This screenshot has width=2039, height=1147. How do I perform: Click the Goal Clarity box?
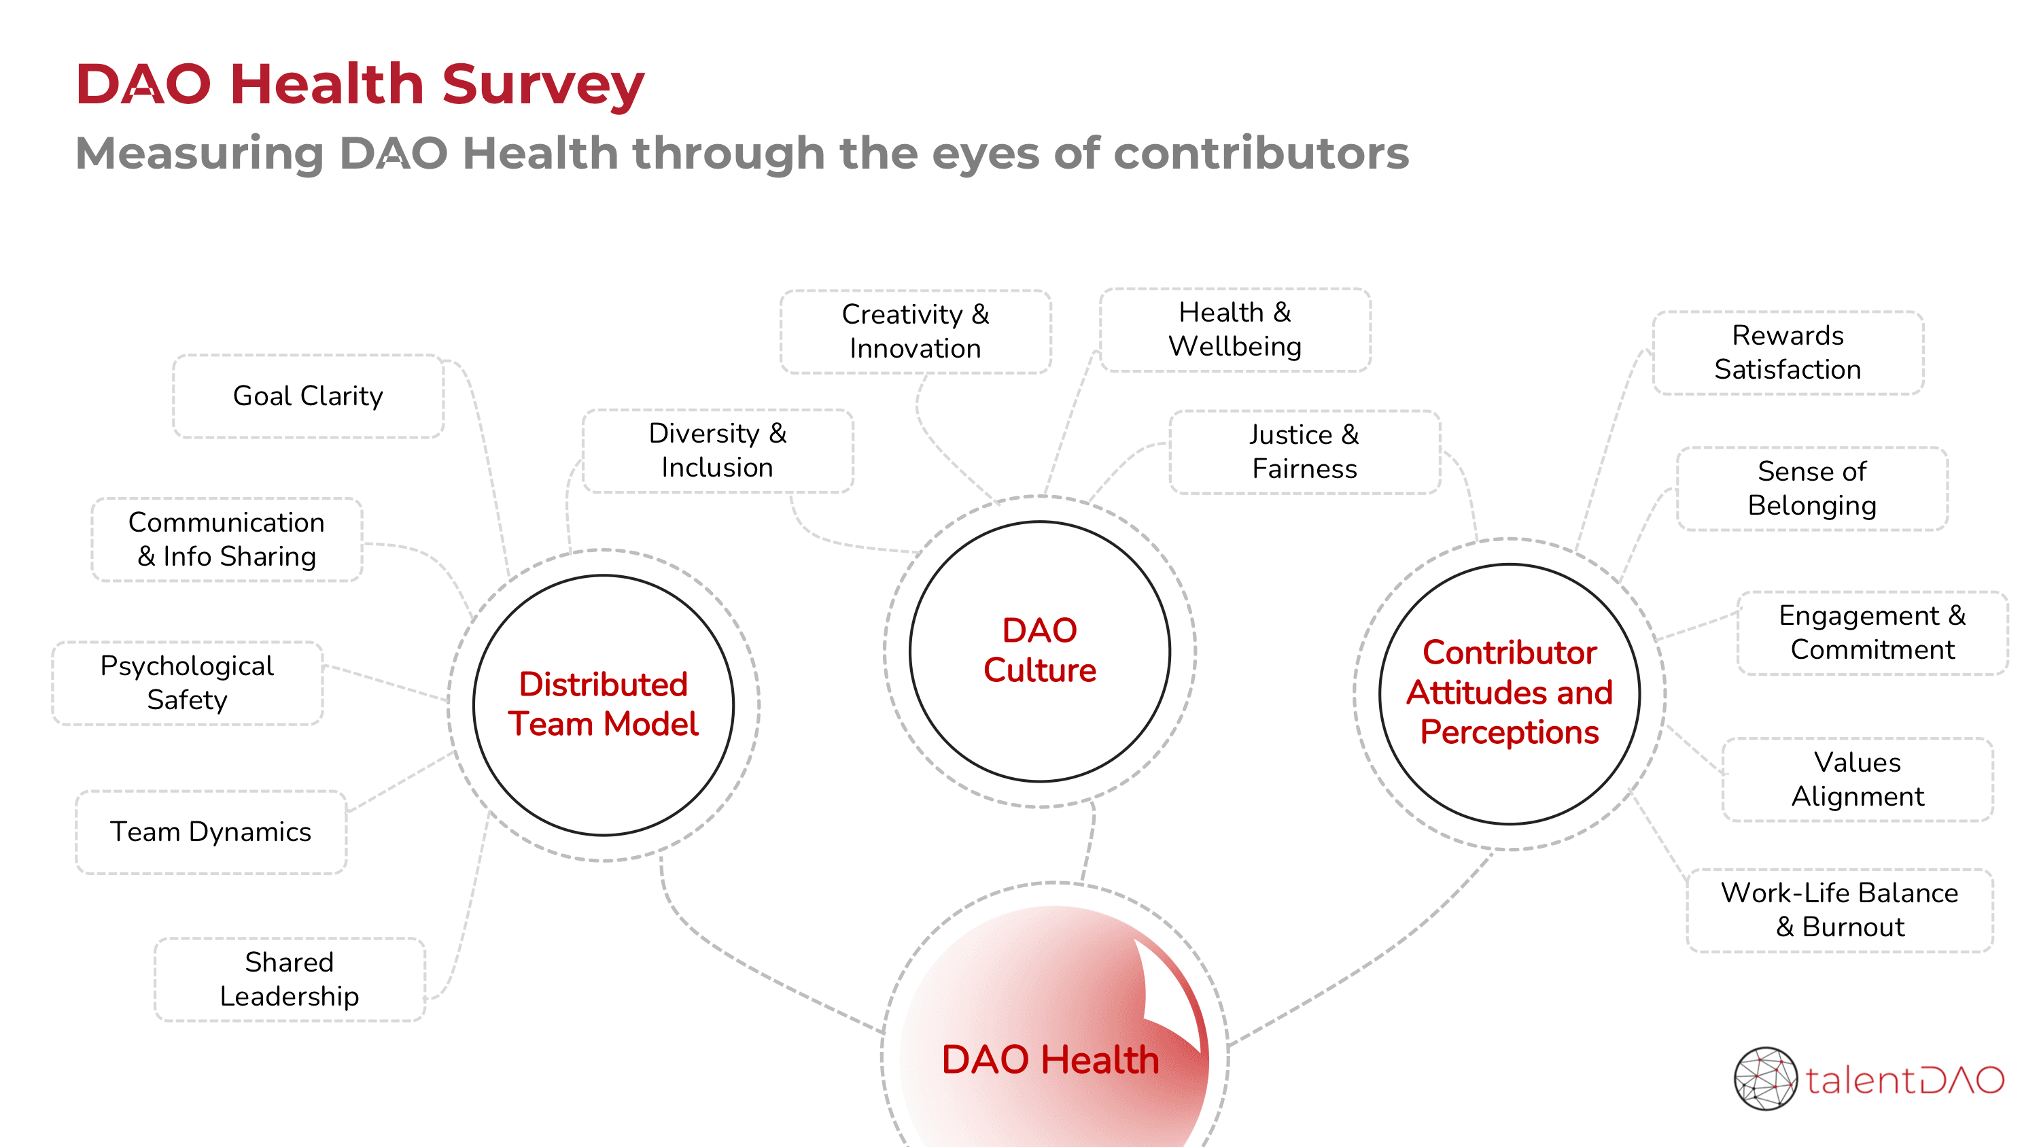coord(308,396)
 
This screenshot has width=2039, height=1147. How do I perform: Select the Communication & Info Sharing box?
coord(226,539)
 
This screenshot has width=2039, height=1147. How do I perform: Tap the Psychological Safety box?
coord(187,683)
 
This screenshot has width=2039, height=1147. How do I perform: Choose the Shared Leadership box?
coord(289,979)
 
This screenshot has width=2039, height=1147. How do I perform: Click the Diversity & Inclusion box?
coord(717,450)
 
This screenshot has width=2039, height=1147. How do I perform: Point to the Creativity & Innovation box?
coord(915,331)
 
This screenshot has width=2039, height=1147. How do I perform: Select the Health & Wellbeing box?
coord(1235,329)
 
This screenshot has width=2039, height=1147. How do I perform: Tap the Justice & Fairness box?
coord(1304,451)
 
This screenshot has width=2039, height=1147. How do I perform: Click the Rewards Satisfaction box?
coord(1788,352)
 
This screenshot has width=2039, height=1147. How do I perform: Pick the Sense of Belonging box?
coord(1812,488)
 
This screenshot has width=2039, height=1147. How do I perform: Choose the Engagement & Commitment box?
coord(1872,632)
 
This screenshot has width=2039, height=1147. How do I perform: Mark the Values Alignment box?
coord(1857,779)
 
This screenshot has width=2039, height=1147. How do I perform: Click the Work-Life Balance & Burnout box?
coord(1840,910)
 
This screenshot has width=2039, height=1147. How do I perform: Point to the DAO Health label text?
coord(1049,1059)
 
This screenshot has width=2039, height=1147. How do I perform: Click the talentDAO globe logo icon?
coord(1765,1078)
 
